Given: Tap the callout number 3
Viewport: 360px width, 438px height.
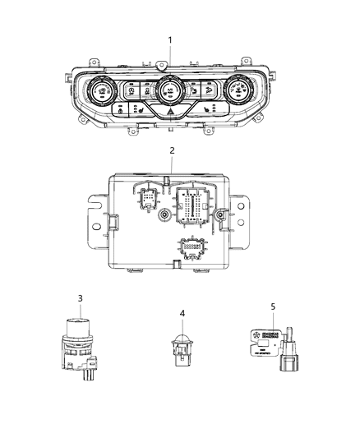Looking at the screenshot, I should point(79,297).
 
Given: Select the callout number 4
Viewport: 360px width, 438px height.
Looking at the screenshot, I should point(182,312).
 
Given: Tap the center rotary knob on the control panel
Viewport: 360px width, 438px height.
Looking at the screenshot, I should point(171,87).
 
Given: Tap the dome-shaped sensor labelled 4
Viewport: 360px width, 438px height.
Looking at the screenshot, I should point(182,339).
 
